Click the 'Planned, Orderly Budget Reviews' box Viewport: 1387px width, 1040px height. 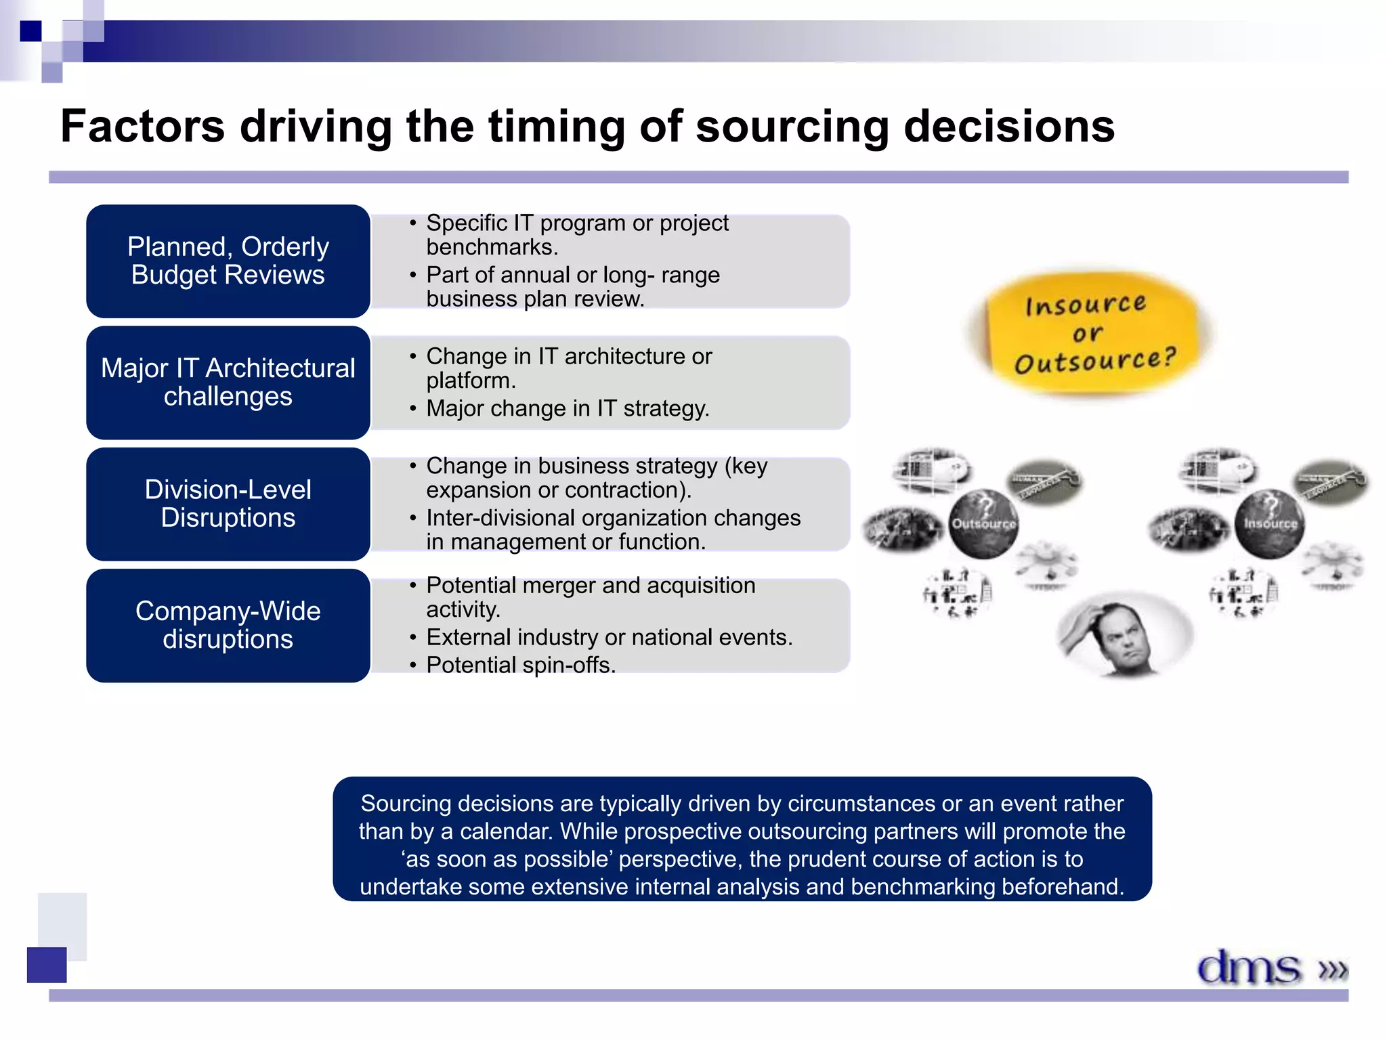[x=228, y=261]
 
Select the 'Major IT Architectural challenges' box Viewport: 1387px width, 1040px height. [x=228, y=383]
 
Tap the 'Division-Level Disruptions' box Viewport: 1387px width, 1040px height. [x=228, y=504]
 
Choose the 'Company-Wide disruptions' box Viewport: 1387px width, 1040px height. [x=228, y=626]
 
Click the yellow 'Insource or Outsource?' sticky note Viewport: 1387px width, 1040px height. [x=1090, y=333]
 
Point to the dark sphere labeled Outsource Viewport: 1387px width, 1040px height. [x=983, y=523]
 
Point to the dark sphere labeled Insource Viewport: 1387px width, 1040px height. [x=1270, y=523]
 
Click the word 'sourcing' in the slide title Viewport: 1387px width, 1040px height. [x=792, y=127]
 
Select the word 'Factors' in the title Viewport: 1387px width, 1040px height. [x=142, y=127]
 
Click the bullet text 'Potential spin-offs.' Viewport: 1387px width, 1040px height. [x=521, y=665]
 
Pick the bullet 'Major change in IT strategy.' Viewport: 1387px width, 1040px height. [x=568, y=408]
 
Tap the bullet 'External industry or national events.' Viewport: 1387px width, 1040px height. [x=609, y=637]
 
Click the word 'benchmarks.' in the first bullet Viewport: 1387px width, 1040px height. [x=492, y=247]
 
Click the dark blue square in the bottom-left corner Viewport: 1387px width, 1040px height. [x=47, y=965]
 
